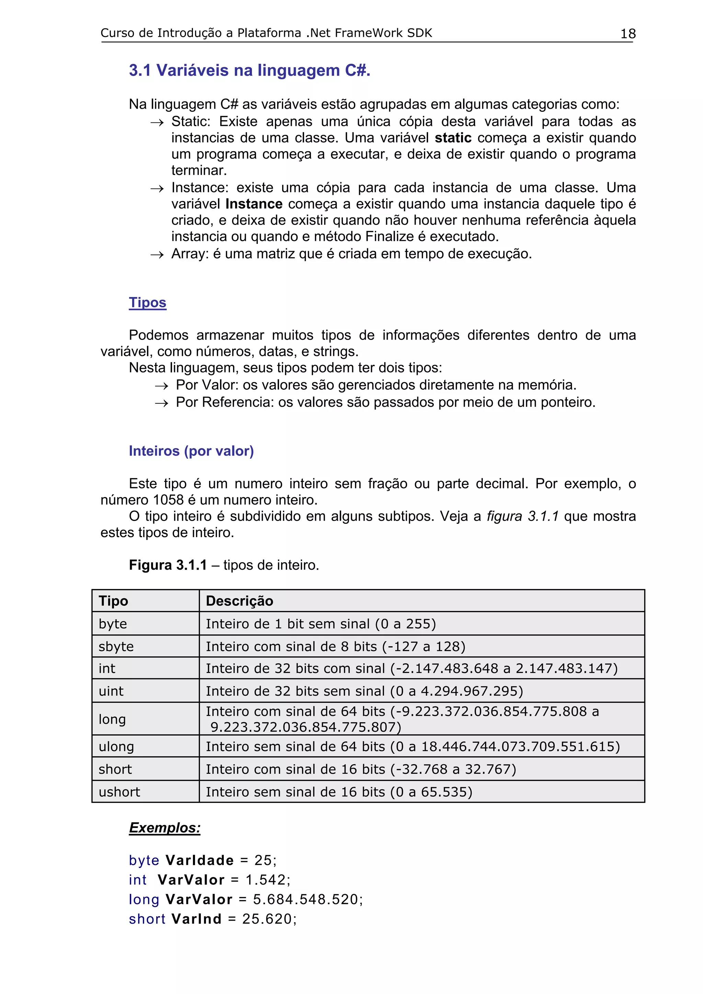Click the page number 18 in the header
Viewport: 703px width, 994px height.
pos(627,34)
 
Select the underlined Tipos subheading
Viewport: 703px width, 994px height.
pos(147,302)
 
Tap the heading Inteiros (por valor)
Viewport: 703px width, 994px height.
pos(191,451)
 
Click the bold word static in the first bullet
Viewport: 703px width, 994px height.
pos(453,138)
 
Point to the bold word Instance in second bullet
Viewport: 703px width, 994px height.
pos(254,204)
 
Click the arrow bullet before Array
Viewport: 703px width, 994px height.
pos(157,255)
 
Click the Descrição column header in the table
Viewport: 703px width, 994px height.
pos(240,601)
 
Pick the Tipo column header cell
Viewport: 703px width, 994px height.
pos(114,601)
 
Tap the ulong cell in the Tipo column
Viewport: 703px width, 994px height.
pos(116,746)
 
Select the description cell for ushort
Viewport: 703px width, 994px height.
pos(339,792)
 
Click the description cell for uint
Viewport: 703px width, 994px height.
pos(364,691)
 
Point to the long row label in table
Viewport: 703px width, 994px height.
pos(112,719)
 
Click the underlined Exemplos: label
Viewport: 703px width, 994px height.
pos(165,828)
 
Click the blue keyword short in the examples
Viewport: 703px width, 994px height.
pos(147,919)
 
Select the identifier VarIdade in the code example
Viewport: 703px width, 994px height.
pos(200,860)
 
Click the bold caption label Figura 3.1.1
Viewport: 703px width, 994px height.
pos(168,565)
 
